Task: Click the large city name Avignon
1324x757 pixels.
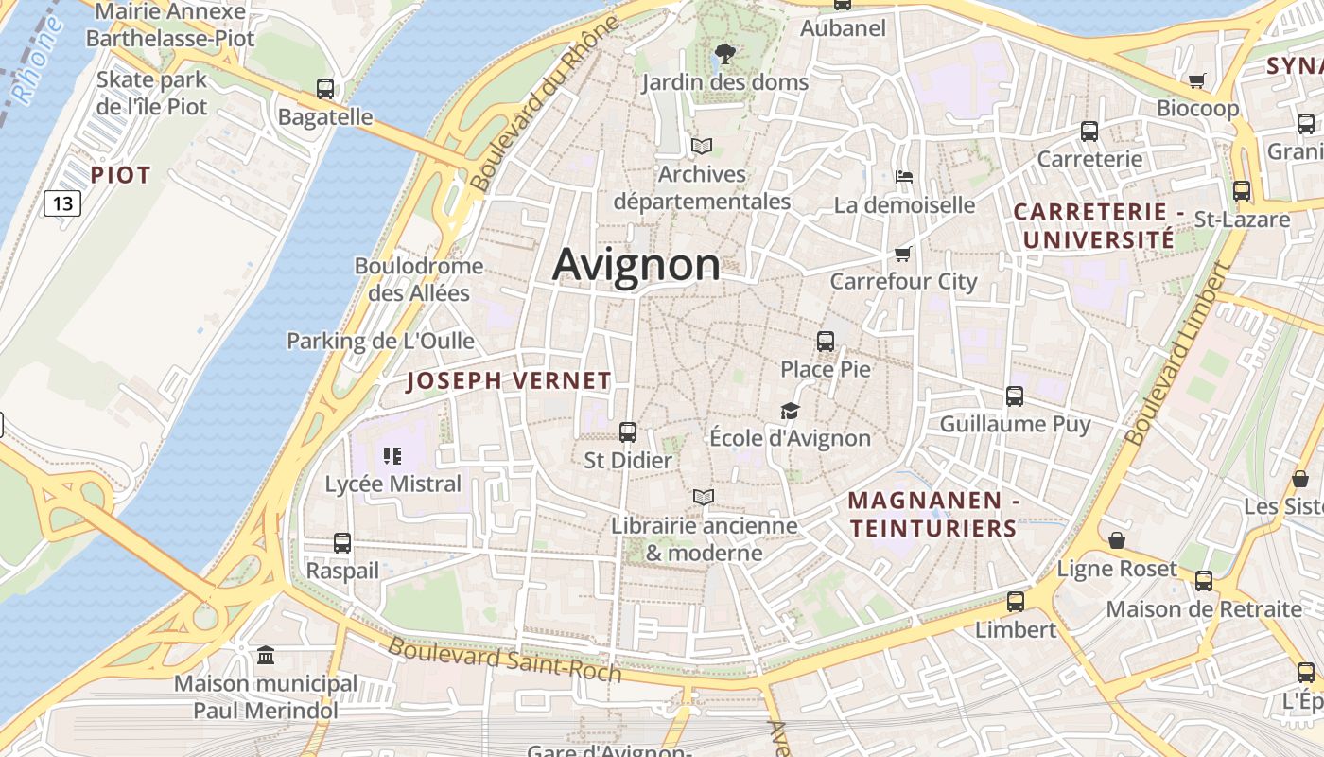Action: point(636,264)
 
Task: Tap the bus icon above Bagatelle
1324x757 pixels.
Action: point(325,89)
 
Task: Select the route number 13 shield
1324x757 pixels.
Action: point(62,203)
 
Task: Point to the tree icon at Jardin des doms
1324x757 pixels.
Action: point(725,53)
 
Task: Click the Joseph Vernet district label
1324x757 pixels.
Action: point(509,381)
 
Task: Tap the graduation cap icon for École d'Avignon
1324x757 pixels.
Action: point(790,411)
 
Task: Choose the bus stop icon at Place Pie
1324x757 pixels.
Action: point(826,341)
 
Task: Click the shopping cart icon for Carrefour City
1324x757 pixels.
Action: point(902,254)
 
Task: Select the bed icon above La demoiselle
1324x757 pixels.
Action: point(904,176)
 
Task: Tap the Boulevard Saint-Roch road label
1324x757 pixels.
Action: point(505,660)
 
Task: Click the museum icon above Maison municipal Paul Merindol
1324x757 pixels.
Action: point(266,655)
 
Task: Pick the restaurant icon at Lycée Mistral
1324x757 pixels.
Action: point(392,456)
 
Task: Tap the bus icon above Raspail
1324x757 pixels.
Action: point(342,543)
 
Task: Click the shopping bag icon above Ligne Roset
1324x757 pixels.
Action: point(1117,540)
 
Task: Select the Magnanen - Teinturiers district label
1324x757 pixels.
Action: point(932,514)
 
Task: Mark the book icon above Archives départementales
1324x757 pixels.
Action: point(702,146)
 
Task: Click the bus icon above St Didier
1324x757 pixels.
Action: point(627,432)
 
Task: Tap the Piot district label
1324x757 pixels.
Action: point(120,175)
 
